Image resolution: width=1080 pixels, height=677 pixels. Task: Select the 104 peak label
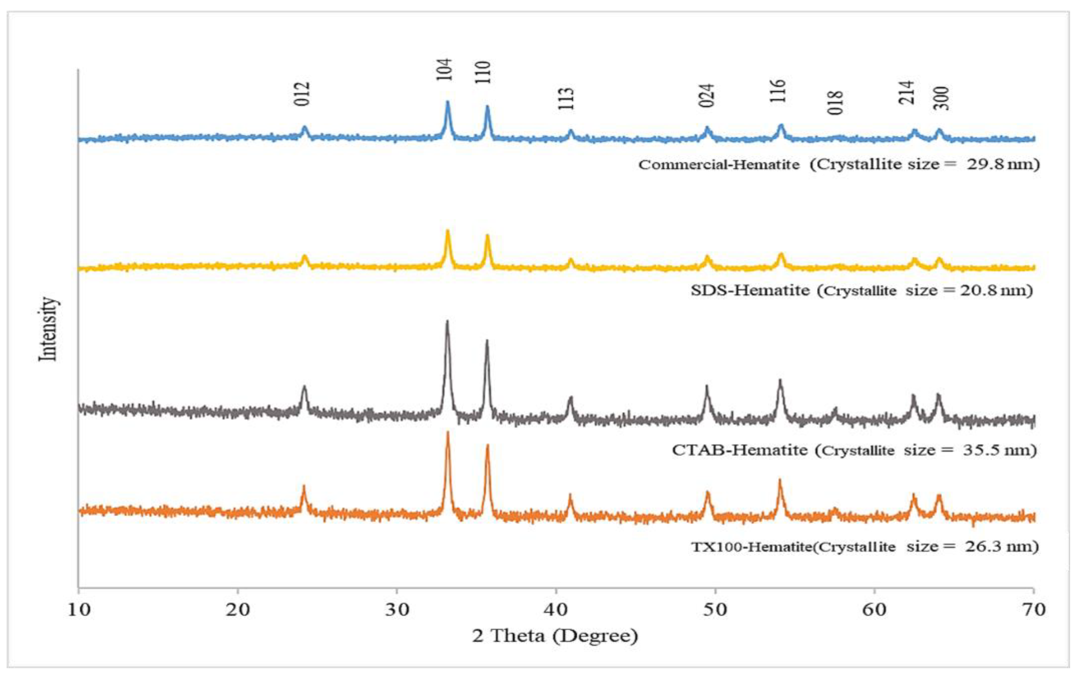click(x=444, y=70)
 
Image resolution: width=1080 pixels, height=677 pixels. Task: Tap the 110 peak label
click(x=483, y=73)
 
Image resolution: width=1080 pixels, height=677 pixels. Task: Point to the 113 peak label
click(x=566, y=99)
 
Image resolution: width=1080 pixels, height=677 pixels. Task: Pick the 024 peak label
click(x=707, y=96)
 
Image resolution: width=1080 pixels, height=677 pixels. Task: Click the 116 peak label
click(x=778, y=91)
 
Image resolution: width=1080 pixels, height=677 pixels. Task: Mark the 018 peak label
click(x=836, y=103)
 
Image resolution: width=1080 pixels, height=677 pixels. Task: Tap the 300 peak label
click(x=941, y=98)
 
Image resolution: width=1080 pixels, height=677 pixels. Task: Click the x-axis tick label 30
click(x=397, y=610)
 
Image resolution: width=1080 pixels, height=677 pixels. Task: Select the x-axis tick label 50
click(x=715, y=610)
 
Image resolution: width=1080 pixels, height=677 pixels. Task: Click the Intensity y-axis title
click(x=48, y=329)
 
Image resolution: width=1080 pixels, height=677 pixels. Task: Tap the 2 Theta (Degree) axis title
click(x=555, y=636)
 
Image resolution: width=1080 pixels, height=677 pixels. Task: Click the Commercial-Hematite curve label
click(x=719, y=165)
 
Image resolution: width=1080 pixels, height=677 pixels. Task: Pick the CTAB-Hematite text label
click(x=739, y=450)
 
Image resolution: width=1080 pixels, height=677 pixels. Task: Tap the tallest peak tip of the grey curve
click(x=447, y=322)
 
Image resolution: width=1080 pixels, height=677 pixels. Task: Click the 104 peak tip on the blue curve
click(x=447, y=102)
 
